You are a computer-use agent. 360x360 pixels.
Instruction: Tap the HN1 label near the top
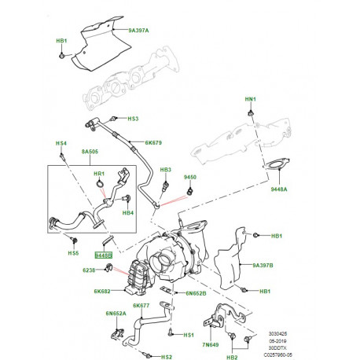[x=250, y=99]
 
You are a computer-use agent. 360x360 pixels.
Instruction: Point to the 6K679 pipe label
[x=153, y=144]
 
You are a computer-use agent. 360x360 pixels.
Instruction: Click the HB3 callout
[x=166, y=170]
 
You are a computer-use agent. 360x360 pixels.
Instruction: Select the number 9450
[x=189, y=178]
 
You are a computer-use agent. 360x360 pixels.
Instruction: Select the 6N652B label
[x=195, y=293]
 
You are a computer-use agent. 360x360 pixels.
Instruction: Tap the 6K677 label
[x=141, y=305]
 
